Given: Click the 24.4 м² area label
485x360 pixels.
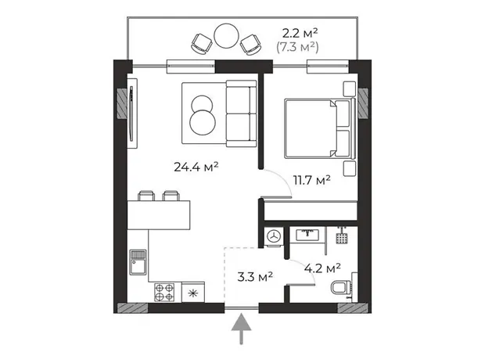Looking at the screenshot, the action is point(196,167).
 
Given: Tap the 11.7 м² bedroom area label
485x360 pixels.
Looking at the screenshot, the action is point(312,180).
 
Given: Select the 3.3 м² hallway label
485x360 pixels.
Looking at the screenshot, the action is point(255,277).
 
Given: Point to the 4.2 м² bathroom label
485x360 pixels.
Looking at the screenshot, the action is point(322,268).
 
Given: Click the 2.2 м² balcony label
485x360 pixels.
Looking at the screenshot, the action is point(300,33).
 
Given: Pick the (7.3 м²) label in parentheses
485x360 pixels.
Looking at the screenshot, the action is point(297,47).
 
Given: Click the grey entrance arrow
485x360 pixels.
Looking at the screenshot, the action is point(241,329).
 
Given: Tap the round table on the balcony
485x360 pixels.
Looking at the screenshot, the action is point(226,35).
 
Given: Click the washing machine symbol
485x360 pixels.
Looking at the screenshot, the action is point(274,236).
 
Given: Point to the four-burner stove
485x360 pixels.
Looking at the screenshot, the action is point(164,292).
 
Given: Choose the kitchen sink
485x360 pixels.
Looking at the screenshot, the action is point(138,262).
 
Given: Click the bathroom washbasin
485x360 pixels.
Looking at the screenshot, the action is point(307,235).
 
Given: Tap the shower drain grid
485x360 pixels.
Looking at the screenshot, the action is point(342,239).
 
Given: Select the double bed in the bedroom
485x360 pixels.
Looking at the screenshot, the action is point(319,128).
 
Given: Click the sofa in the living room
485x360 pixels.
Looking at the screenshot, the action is point(241,113).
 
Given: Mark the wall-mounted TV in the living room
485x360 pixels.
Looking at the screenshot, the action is point(132,113).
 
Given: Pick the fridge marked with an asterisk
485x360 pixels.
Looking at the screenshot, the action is point(193,292).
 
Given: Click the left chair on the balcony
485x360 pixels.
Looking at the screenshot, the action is point(201,43).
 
